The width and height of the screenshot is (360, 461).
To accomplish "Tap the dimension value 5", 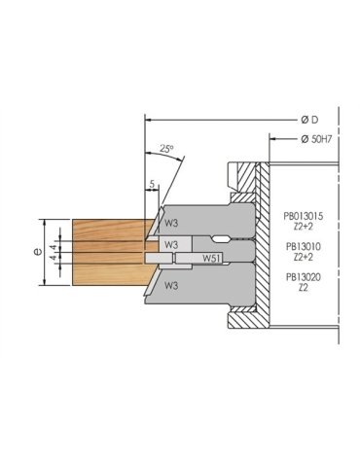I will click(153, 182).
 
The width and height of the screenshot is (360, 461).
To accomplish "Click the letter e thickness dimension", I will click(37, 251).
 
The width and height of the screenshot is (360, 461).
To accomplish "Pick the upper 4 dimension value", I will click(54, 247).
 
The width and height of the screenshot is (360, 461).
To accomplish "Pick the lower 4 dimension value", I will click(54, 259).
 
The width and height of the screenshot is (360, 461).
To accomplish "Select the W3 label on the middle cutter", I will click(169, 243).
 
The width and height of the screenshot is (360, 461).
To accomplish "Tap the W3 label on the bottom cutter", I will click(171, 286).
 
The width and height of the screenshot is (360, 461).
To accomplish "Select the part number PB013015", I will click(303, 217).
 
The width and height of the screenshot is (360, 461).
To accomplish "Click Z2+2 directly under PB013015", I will click(304, 227).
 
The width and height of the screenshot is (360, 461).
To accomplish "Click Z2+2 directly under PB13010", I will click(304, 258).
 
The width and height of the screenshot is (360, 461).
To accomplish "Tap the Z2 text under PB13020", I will click(304, 288).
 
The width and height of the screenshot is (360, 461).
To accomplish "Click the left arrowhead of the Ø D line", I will click(147, 119).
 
